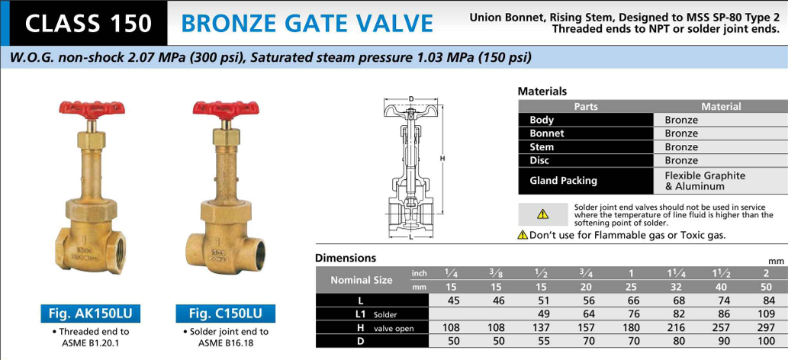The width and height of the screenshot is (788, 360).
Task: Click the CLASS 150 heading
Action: [88, 23]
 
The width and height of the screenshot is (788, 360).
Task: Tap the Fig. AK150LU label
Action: [91, 313]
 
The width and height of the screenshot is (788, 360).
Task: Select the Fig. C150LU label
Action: [226, 313]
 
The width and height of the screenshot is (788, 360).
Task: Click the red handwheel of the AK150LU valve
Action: [92, 108]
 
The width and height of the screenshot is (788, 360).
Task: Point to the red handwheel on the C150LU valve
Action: [226, 108]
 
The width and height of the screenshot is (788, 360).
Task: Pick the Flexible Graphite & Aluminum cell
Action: [705, 181]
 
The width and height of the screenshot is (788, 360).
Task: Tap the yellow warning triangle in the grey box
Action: [542, 214]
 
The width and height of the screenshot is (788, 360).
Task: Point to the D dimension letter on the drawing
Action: [411, 98]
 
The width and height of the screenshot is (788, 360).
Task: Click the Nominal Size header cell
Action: [362, 280]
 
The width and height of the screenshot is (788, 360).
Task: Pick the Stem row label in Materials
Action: [542, 147]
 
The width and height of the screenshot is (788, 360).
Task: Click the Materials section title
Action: [542, 92]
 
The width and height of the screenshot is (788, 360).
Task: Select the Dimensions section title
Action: [346, 258]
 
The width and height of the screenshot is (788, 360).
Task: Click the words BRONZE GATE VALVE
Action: [307, 23]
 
